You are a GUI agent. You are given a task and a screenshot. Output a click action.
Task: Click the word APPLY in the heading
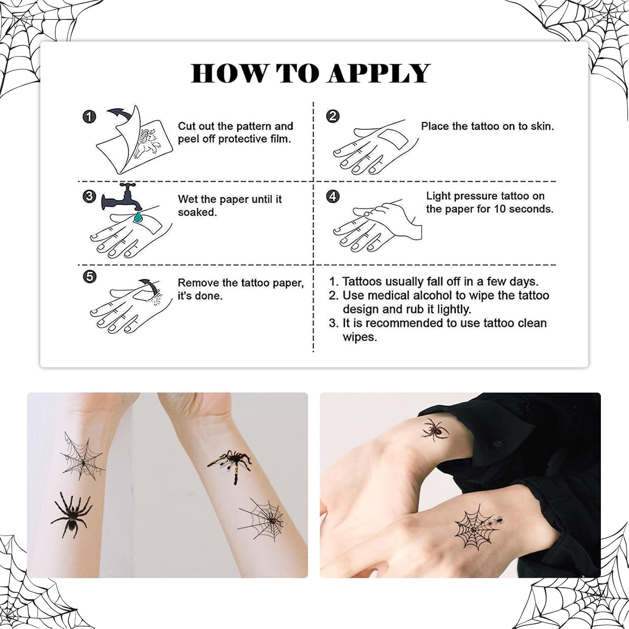point(379,73)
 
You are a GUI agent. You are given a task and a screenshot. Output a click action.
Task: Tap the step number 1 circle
point(89,117)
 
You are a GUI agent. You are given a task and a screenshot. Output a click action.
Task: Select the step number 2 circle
point(333,116)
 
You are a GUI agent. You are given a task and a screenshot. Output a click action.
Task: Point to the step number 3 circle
point(89,196)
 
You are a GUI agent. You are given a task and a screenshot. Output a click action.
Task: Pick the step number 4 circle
point(333,196)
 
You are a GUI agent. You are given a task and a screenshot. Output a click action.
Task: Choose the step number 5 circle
point(90,276)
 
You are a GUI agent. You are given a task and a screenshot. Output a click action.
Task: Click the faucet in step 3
point(121,197)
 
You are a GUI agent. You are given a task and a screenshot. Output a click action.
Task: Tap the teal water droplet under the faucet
point(137,217)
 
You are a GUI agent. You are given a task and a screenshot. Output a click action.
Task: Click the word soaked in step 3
point(197,212)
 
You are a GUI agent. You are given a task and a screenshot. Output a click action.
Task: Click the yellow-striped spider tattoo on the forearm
point(230,465)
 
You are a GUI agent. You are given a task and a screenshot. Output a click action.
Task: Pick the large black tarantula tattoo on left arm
point(72,514)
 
